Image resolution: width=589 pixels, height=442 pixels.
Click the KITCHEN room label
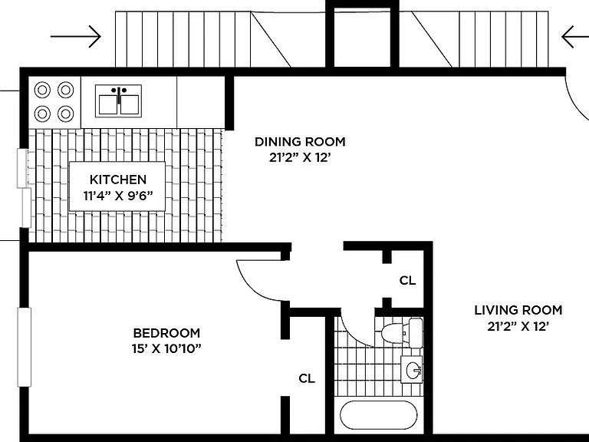118,180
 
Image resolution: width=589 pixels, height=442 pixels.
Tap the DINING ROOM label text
300,142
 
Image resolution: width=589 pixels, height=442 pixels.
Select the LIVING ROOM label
518,310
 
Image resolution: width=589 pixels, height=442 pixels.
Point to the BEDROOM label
166,333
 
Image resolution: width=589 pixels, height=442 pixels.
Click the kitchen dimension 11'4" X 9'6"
118,196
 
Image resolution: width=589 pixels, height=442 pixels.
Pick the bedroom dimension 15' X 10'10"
166,349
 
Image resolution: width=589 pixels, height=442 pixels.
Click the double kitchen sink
118,101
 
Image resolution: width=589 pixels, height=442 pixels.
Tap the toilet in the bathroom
402,332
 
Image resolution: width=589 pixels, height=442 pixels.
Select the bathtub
379,415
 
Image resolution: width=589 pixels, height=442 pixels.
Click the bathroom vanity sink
412,369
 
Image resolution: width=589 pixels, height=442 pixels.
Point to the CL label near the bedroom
307,378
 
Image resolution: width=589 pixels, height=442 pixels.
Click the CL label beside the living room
407,280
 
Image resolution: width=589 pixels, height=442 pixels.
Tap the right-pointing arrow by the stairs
76,37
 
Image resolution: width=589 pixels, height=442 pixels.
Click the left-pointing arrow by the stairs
575,37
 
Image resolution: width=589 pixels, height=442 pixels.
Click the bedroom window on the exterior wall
24,348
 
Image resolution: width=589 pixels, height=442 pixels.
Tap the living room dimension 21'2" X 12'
518,326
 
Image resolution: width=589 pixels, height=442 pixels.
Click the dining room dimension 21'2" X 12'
300,157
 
